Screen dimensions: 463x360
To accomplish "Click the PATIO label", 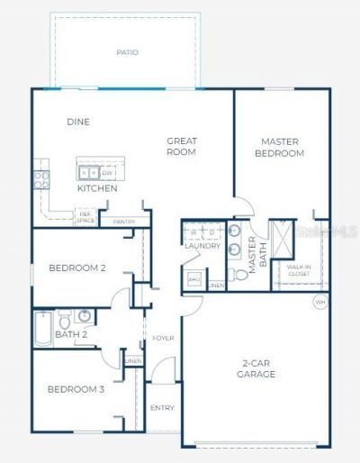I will [127, 52].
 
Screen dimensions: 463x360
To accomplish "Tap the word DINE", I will [78, 122].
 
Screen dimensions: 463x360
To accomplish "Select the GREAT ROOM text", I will [182, 147].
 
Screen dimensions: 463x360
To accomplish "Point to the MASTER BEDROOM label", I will [282, 147].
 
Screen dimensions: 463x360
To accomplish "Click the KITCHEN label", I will [96, 189].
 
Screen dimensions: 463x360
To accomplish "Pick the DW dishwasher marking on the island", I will [106, 172].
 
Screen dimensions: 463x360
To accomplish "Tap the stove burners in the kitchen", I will [41, 177].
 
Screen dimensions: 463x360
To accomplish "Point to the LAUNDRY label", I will [202, 245].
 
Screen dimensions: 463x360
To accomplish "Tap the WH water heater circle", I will [320, 302].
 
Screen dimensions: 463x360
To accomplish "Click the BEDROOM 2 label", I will [77, 268].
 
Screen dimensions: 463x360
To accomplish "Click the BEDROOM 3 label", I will [76, 389].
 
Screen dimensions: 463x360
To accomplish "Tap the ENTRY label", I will [162, 408].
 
